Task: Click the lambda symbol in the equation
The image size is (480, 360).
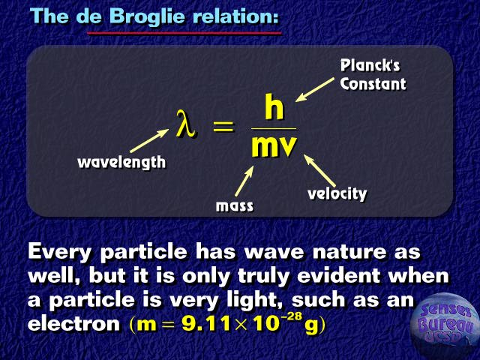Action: (185, 123)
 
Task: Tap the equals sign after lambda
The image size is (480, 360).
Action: (223, 127)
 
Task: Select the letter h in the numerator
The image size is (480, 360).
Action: (274, 106)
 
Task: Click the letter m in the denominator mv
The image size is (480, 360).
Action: (262, 146)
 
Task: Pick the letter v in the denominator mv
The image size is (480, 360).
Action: (286, 146)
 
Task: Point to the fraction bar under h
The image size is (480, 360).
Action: (274, 128)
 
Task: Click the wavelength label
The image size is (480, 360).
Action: (121, 162)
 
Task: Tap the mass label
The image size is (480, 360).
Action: (235, 206)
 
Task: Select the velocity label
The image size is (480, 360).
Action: (337, 193)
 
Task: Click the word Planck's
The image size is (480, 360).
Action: (370, 65)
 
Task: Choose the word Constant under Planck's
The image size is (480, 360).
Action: (373, 83)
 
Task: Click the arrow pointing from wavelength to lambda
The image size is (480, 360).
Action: (149, 140)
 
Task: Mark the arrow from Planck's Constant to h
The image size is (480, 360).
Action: (315, 90)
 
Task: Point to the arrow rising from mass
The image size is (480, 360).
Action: (244, 181)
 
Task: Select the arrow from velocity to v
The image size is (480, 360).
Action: (319, 171)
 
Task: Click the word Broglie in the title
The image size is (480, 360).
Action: (147, 16)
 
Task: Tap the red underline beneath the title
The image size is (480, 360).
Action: (184, 33)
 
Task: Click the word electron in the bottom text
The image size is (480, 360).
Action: (73, 324)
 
